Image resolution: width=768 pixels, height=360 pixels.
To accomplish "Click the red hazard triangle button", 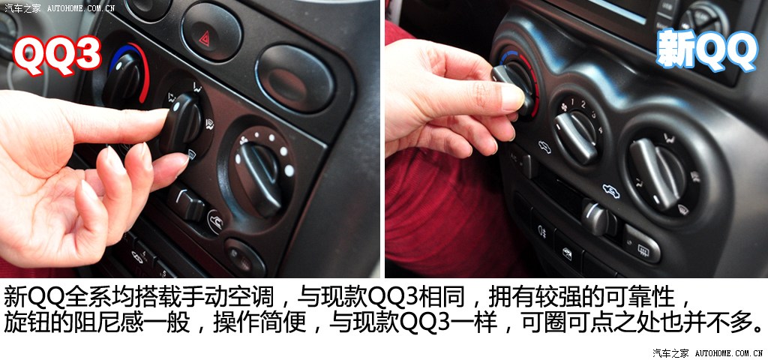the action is click(211, 31).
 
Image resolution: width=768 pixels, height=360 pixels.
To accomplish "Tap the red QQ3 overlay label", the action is click(57, 56).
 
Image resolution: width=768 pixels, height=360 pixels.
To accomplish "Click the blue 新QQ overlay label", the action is click(707, 50).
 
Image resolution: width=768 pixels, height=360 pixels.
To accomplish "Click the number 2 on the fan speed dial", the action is click(583, 103).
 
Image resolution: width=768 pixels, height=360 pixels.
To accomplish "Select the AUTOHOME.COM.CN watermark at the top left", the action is click(81, 8).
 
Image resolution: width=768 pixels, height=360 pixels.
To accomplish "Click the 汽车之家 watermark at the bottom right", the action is click(670, 352).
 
